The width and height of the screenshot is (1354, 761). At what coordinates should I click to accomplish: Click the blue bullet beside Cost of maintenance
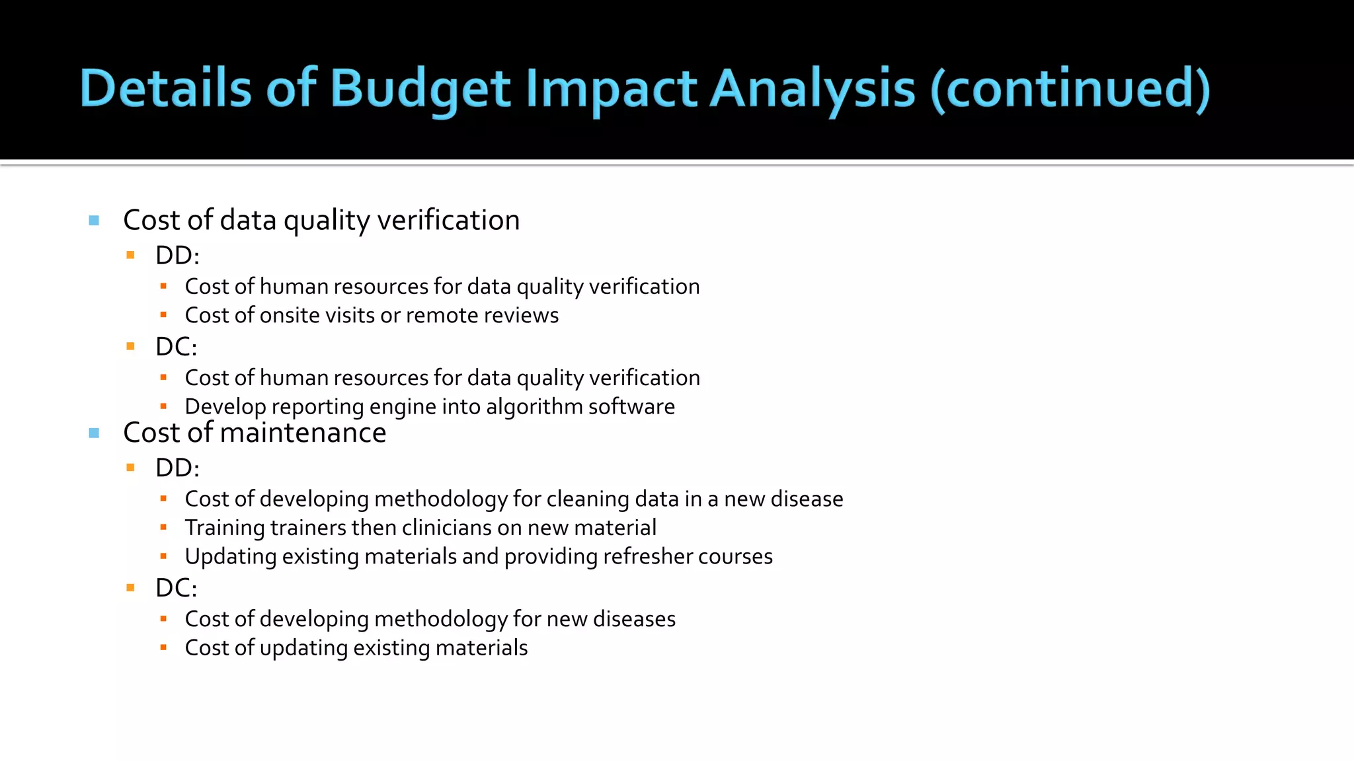[94, 433]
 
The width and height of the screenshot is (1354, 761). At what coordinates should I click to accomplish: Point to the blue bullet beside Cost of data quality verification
[94, 221]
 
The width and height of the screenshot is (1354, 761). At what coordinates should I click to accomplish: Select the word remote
[442, 315]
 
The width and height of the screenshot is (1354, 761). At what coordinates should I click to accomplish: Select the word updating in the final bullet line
[303, 648]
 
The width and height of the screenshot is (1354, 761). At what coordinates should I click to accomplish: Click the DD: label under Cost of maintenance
[177, 468]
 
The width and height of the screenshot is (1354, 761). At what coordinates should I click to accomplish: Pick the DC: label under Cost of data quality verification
[176, 347]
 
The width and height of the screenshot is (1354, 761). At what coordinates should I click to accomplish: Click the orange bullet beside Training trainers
[163, 528]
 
